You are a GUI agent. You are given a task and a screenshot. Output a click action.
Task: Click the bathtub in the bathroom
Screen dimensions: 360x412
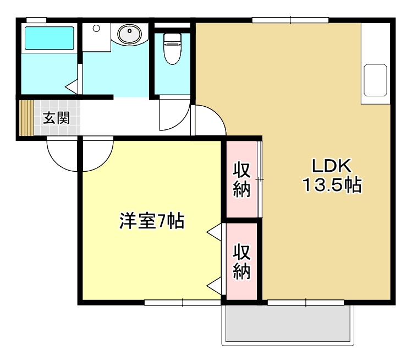click(49, 38)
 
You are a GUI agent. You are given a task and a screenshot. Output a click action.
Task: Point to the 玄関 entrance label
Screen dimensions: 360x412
click(57, 117)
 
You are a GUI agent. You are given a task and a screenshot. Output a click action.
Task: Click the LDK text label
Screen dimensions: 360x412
click(331, 165)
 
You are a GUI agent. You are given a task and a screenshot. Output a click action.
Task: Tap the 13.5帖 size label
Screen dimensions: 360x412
click(331, 186)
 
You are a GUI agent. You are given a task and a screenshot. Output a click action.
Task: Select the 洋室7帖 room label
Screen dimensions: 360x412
click(152, 221)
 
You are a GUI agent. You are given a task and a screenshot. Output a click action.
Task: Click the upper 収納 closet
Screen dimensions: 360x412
click(241, 179)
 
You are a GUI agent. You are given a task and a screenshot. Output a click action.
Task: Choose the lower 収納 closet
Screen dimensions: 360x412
click(241, 261)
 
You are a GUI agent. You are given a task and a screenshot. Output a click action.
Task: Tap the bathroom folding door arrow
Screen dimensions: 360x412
click(72, 86)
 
